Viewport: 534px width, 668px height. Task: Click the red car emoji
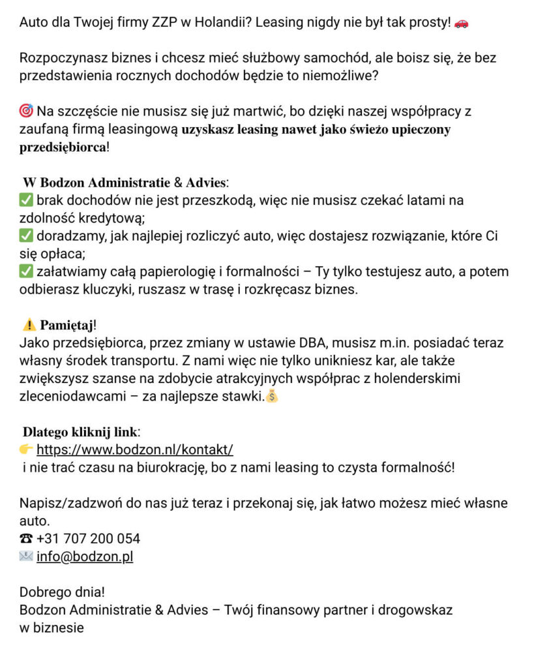tap(461, 23)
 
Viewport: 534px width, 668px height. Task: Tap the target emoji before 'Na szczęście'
tap(27, 111)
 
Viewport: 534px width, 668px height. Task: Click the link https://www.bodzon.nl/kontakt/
tap(134, 449)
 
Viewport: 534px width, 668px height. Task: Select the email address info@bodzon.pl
tap(85, 557)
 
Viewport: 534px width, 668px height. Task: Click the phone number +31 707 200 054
tap(88, 539)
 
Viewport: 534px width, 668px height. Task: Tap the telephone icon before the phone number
tap(26, 539)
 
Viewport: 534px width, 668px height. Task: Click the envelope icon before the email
tap(26, 557)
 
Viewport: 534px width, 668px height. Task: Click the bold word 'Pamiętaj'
tap(68, 325)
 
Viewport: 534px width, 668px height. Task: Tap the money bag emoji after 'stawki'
tap(271, 396)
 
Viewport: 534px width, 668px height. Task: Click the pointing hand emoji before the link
tap(26, 449)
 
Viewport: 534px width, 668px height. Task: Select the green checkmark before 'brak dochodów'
tap(27, 200)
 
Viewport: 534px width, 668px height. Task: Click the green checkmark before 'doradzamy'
tap(27, 236)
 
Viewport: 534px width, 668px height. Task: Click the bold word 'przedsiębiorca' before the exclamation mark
tap(63, 147)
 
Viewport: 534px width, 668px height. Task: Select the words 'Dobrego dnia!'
tap(62, 593)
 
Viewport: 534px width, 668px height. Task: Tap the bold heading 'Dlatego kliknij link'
tap(80, 432)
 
